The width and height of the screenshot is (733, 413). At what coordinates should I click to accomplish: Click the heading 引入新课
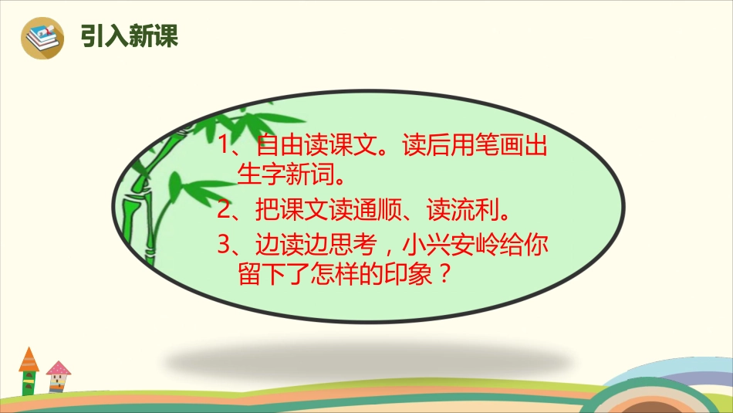[x=129, y=36]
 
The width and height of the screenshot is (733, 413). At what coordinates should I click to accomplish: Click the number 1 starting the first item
[x=224, y=147]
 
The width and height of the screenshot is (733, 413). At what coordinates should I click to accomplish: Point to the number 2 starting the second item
[x=224, y=210]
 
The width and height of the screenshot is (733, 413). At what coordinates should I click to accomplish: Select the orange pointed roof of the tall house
[x=29, y=360]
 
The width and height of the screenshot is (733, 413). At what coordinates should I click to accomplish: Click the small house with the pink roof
[x=57, y=377]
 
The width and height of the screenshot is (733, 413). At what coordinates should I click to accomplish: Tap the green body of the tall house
[x=29, y=383]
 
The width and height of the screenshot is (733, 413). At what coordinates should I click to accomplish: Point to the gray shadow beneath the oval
[x=363, y=355]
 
